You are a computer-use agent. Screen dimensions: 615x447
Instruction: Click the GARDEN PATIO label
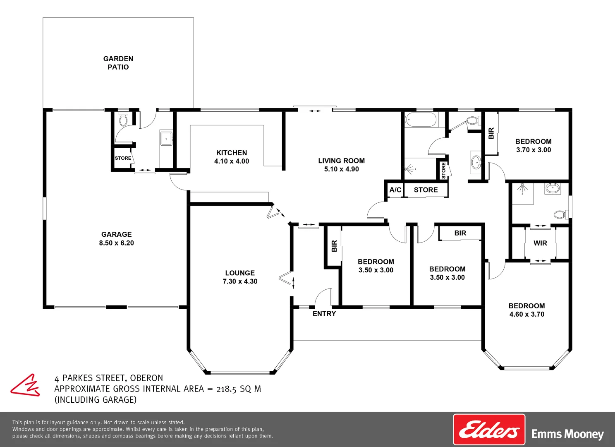[118, 63]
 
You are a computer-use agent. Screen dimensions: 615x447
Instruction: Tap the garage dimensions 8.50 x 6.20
[117, 243]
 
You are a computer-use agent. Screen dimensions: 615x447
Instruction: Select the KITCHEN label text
[232, 153]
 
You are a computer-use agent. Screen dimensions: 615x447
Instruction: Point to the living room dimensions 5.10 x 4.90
[342, 169]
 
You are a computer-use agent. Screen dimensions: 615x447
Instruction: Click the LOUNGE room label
[240, 273]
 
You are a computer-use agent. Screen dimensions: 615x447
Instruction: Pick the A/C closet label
[395, 190]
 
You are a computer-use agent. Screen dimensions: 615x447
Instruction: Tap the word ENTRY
[324, 313]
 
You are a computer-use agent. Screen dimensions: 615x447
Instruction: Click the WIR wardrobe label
[540, 243]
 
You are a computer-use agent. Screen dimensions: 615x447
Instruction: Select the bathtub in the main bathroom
[420, 120]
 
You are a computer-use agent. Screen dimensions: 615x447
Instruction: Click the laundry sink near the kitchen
[166, 138]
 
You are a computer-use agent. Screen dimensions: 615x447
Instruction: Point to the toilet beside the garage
[123, 118]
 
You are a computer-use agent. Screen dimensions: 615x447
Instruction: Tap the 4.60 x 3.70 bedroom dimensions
[527, 314]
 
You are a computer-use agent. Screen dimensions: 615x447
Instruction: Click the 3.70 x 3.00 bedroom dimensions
[534, 150]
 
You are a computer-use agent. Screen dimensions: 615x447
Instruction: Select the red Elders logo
[489, 429]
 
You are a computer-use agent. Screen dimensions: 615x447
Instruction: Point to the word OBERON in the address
[146, 378]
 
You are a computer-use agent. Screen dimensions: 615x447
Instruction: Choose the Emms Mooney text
[568, 434]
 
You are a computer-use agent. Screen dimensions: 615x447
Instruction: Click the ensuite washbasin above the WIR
[553, 188]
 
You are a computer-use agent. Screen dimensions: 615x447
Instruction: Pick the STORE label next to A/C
[426, 190]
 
